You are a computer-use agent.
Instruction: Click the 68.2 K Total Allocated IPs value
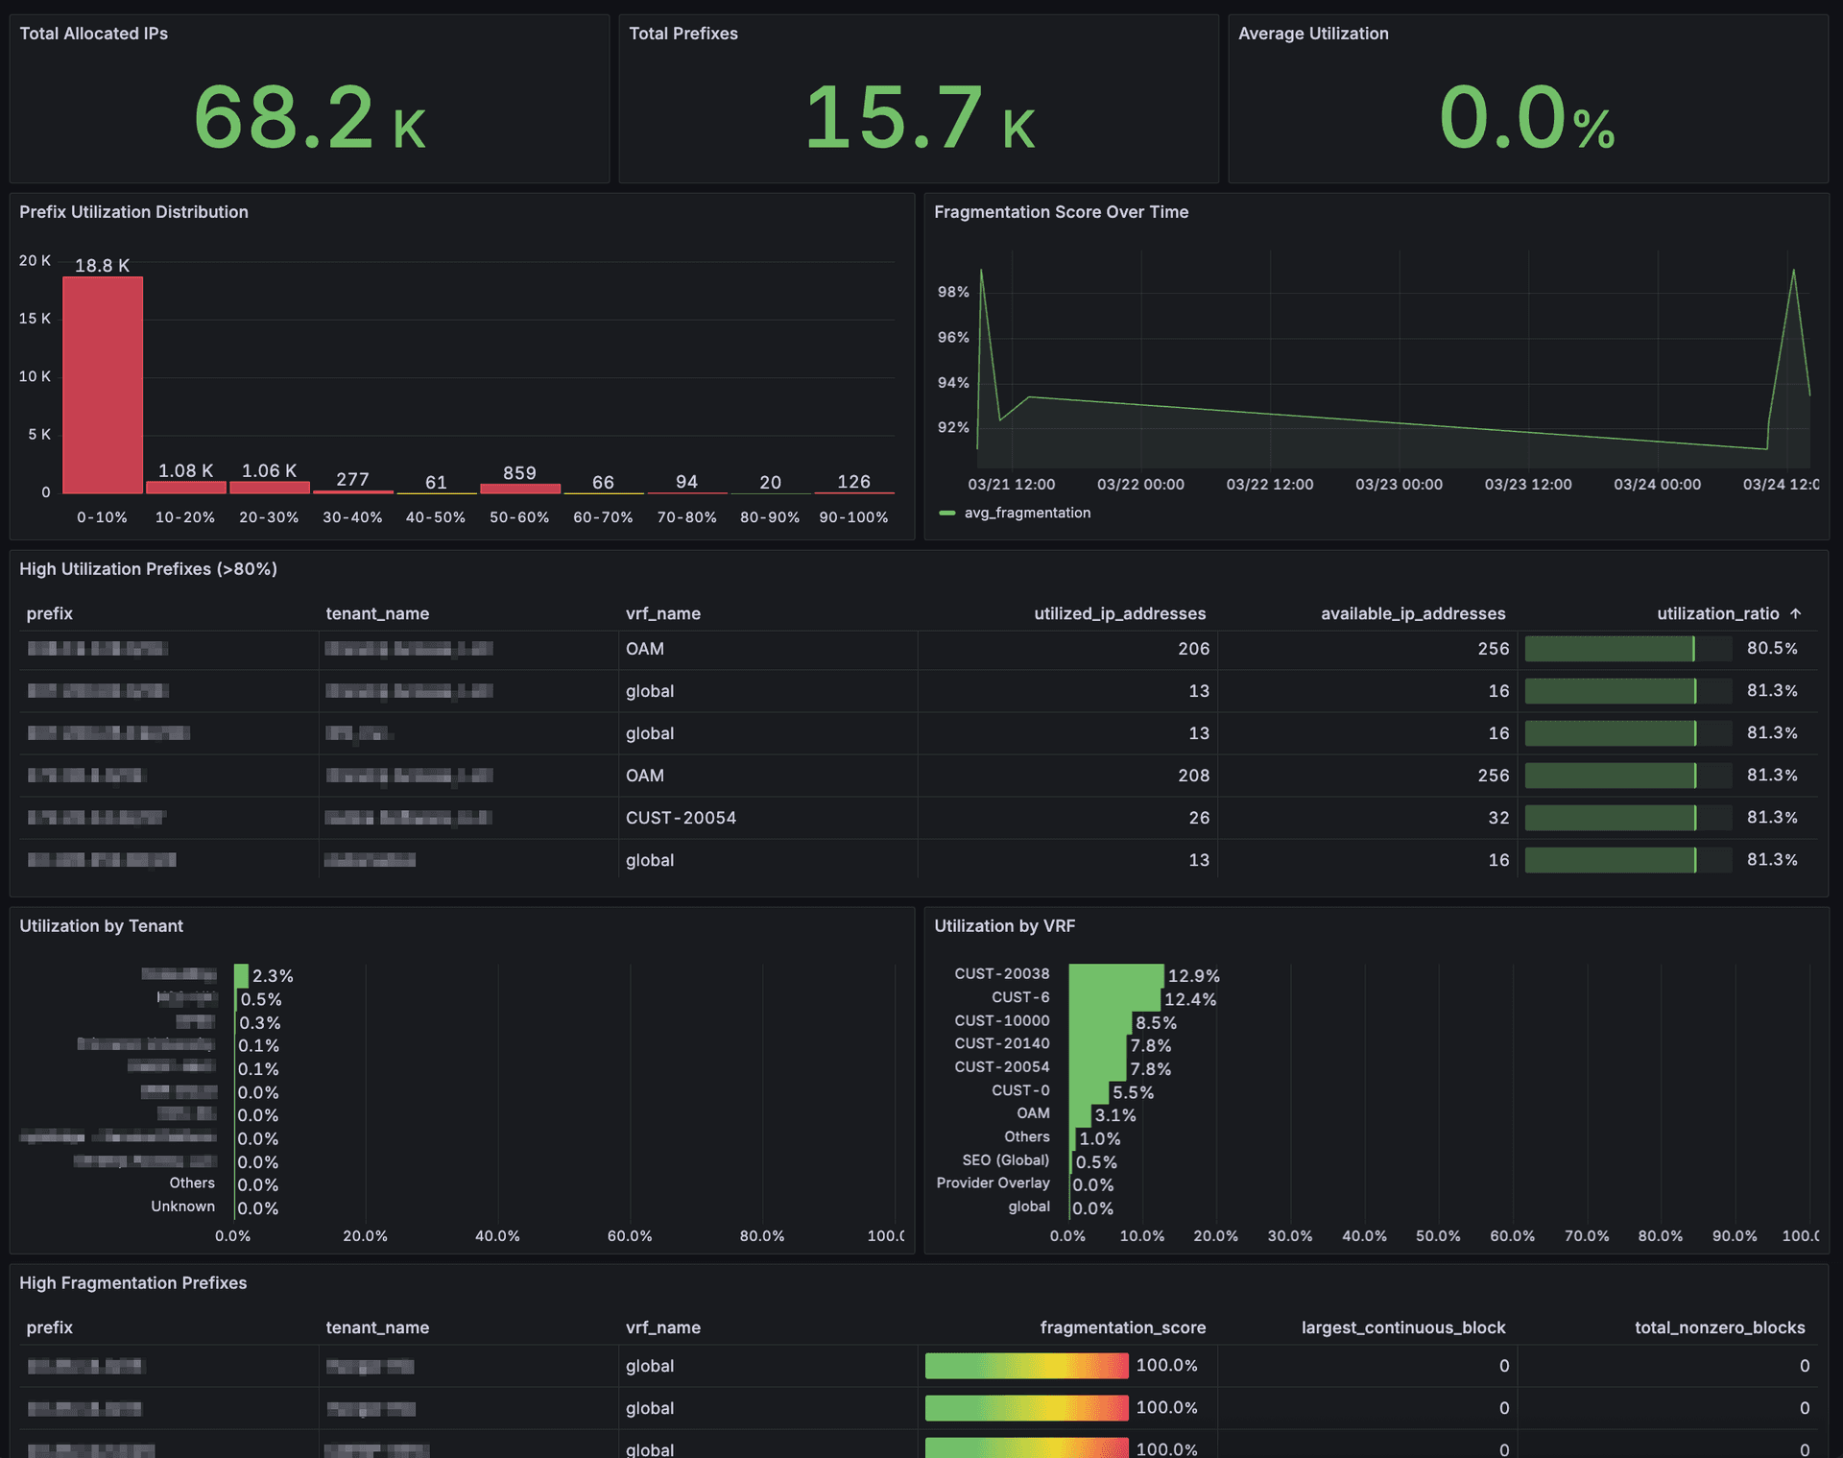coord(309,118)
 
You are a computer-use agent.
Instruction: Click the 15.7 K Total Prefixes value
coord(919,118)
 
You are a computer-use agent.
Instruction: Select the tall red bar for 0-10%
coord(103,384)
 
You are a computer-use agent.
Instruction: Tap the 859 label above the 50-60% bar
coord(519,473)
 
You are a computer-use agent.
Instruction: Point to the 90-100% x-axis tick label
coord(853,517)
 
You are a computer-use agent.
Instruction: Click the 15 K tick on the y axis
coord(35,319)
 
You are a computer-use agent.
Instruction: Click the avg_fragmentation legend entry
coord(1026,513)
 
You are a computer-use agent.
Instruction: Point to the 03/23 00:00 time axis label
coord(1399,485)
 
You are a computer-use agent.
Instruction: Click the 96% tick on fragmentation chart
coord(953,337)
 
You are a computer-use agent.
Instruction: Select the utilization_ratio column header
coord(1717,613)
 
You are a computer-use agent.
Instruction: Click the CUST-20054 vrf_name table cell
coord(681,818)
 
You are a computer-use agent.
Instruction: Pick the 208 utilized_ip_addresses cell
coord(1193,776)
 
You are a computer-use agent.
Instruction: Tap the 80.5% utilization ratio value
coord(1772,649)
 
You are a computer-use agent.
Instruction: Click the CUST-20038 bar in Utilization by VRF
coord(1115,975)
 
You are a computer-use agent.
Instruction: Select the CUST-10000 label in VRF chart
coord(1001,1020)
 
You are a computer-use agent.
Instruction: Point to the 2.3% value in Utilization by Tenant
coord(273,976)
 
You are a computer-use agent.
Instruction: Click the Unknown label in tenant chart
coord(182,1207)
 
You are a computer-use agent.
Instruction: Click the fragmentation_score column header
coord(1122,1327)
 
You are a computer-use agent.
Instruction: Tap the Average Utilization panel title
coord(1313,34)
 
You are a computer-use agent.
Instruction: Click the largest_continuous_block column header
coord(1402,1327)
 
